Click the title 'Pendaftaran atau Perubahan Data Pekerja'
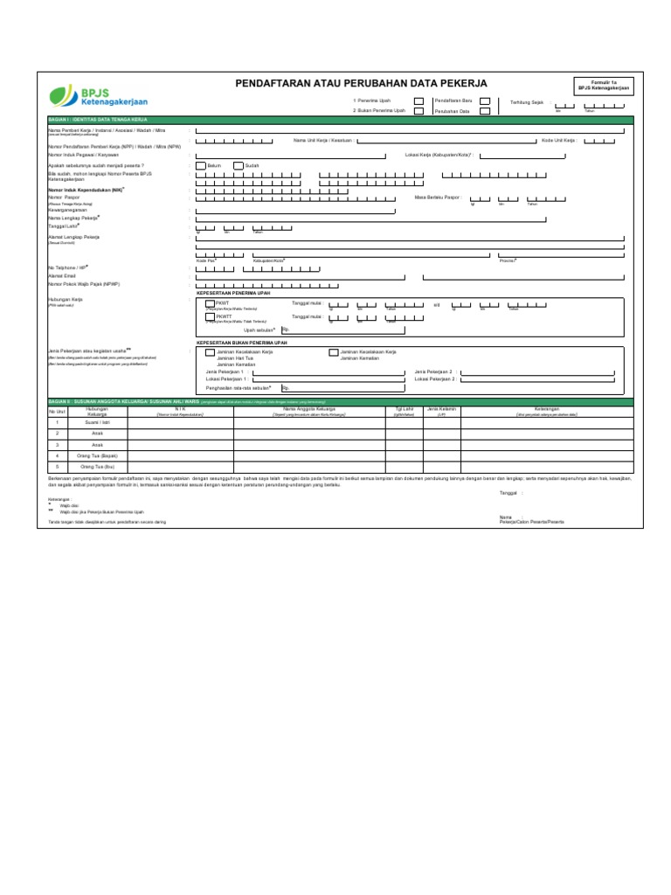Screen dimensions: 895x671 click(x=362, y=83)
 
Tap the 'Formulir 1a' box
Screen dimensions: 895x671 click(x=603, y=86)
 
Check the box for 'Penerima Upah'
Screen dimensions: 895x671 click(x=419, y=101)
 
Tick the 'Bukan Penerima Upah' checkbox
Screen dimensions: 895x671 click(x=419, y=111)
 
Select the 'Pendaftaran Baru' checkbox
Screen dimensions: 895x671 click(x=485, y=101)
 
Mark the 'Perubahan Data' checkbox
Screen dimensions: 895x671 click(x=485, y=111)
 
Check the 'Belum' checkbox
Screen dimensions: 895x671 click(x=201, y=164)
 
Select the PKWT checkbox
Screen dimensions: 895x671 click(x=210, y=303)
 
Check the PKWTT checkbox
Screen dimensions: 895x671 click(x=210, y=316)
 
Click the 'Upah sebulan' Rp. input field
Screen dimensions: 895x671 click(x=342, y=330)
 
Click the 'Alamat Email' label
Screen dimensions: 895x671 click(x=62, y=275)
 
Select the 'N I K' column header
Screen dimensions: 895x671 click(x=181, y=408)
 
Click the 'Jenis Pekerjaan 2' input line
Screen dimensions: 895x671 click(x=542, y=372)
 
